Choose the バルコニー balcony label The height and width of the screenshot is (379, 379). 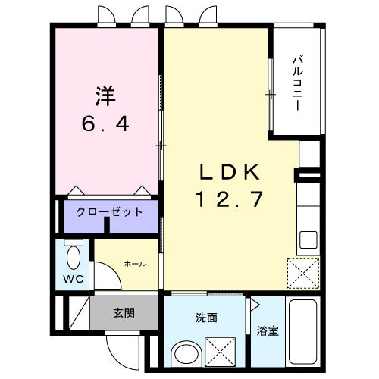296,83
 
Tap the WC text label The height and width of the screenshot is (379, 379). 73,278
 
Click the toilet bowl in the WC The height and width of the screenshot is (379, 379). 73,258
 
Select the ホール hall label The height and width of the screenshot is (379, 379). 134,263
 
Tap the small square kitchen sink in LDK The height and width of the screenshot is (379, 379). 308,240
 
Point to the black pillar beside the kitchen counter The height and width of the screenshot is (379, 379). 309,177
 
